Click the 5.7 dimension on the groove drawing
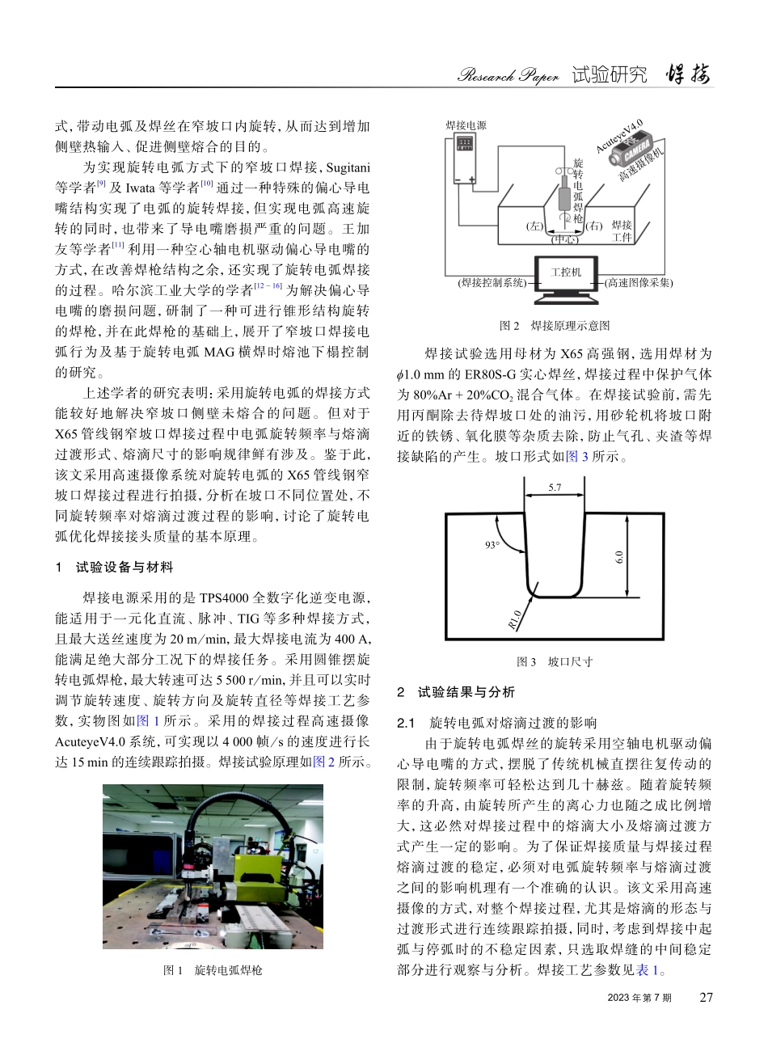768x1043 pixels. tap(554, 488)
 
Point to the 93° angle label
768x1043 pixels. tap(492, 545)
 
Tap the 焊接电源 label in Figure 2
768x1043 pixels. tap(466, 126)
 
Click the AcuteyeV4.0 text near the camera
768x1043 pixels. tap(619, 136)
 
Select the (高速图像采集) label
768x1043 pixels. tap(639, 282)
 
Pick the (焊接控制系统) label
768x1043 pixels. tap(492, 282)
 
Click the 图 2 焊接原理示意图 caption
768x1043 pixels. tap(555, 325)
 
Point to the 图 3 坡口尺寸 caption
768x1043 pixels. tap(555, 661)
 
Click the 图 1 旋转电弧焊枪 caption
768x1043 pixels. tap(213, 969)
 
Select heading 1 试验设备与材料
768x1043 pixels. tap(114, 568)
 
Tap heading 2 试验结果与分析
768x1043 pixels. tap(456, 692)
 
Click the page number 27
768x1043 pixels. tap(706, 998)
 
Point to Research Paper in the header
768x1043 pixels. tap(508, 76)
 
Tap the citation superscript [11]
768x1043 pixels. tap(118, 244)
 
